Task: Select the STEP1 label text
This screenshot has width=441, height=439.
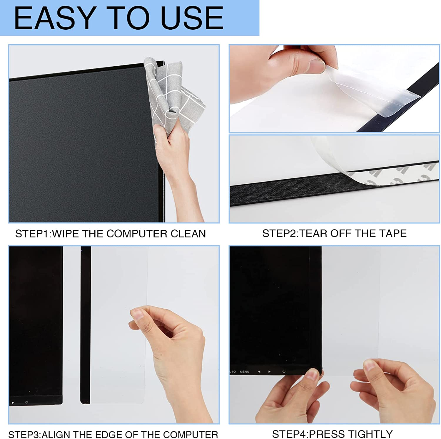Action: point(32,234)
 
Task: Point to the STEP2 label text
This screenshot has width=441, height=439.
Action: point(279,234)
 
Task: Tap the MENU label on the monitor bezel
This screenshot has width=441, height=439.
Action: point(244,372)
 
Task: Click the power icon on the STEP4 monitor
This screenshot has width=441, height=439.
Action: point(284,372)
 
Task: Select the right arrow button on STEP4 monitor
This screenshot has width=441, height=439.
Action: point(269,372)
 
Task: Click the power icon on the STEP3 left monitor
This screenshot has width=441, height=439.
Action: point(27,402)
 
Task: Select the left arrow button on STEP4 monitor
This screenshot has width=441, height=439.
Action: point(259,372)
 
